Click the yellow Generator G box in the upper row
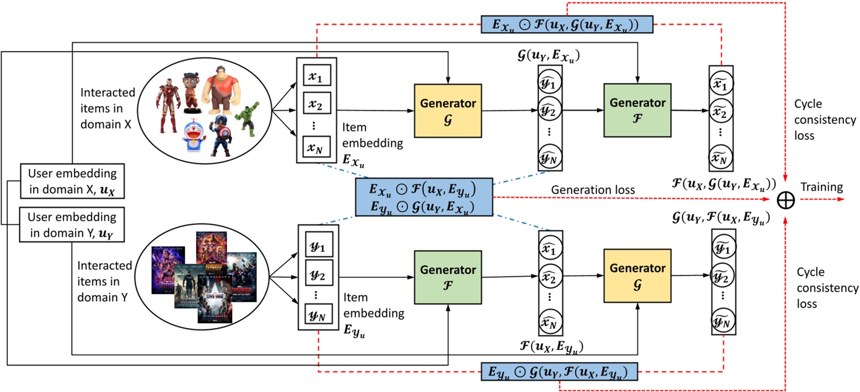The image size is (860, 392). (x=448, y=111)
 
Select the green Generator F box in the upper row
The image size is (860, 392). (x=637, y=110)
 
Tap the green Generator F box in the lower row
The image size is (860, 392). (x=448, y=277)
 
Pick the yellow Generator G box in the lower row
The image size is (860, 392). (x=637, y=276)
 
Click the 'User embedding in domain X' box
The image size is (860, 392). (x=72, y=181)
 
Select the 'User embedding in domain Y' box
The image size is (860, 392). (x=72, y=225)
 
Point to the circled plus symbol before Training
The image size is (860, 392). (x=785, y=200)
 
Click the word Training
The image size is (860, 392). (x=821, y=187)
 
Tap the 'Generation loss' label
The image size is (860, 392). (x=592, y=190)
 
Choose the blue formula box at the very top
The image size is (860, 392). (x=566, y=24)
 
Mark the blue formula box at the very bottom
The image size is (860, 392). (x=558, y=372)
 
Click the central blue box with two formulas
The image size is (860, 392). (x=423, y=197)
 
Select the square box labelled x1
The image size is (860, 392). (x=316, y=76)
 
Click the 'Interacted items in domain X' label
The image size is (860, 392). (x=107, y=108)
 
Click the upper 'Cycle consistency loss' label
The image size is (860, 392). (x=824, y=119)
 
